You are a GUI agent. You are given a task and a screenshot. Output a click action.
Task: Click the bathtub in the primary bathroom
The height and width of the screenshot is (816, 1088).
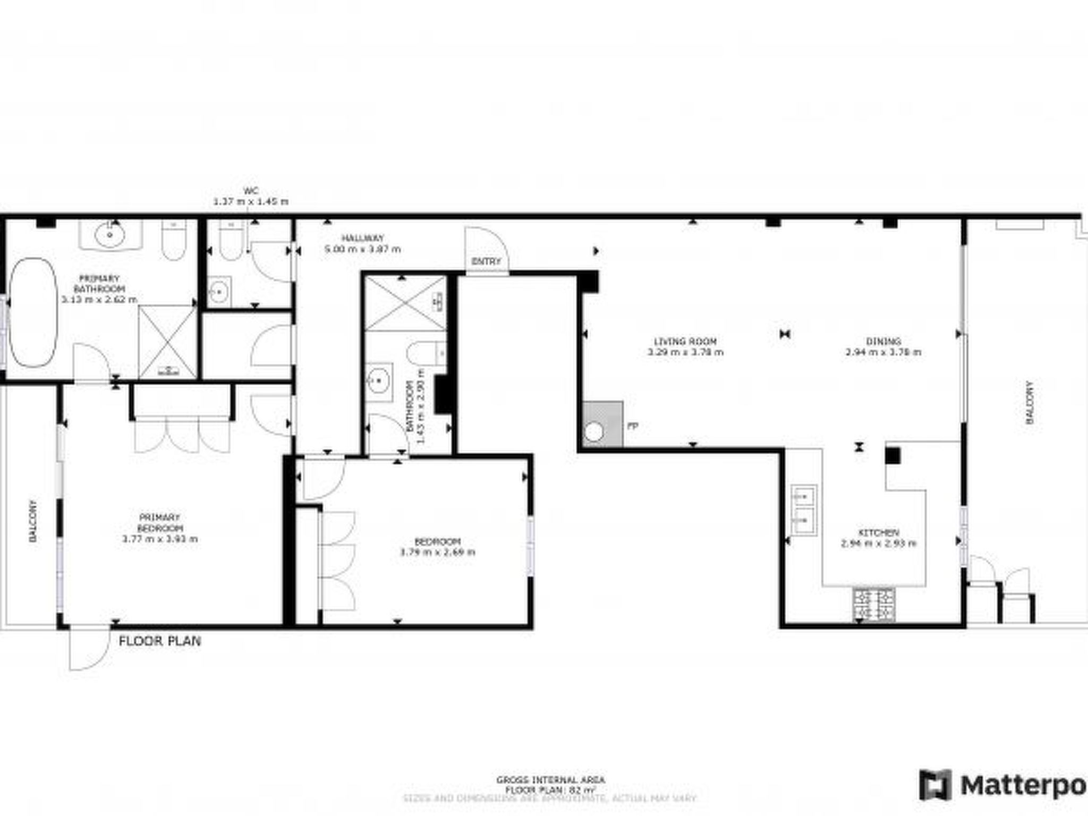[x=33, y=312]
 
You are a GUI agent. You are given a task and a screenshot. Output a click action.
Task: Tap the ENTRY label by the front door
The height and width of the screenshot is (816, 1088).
[x=486, y=261]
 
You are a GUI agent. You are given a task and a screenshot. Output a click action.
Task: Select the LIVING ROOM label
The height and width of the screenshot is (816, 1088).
[x=685, y=342]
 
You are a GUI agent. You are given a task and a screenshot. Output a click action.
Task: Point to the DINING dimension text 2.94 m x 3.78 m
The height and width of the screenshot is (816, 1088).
[x=883, y=352]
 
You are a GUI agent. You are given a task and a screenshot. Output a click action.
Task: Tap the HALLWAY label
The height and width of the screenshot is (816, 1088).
[x=362, y=238]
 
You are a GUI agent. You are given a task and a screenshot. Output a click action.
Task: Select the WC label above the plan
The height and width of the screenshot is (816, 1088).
[x=251, y=191]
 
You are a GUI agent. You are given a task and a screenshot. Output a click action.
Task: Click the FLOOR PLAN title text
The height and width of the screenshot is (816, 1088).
[x=159, y=641]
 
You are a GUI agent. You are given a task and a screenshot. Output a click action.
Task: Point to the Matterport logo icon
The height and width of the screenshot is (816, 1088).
[x=936, y=784]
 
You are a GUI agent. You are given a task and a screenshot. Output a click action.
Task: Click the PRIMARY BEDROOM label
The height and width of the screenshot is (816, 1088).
[x=159, y=523]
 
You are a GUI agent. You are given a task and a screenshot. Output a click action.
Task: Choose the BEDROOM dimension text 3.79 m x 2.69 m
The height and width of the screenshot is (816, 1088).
[x=437, y=552]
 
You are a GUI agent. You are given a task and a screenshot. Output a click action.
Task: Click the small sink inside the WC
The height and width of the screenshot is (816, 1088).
[x=218, y=291]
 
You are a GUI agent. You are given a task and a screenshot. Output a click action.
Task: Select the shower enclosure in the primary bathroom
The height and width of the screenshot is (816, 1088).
[x=167, y=342]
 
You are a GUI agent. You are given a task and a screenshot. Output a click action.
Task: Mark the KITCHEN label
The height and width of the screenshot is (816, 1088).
[x=879, y=532]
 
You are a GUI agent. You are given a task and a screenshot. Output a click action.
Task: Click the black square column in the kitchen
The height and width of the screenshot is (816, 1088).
[x=892, y=456]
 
